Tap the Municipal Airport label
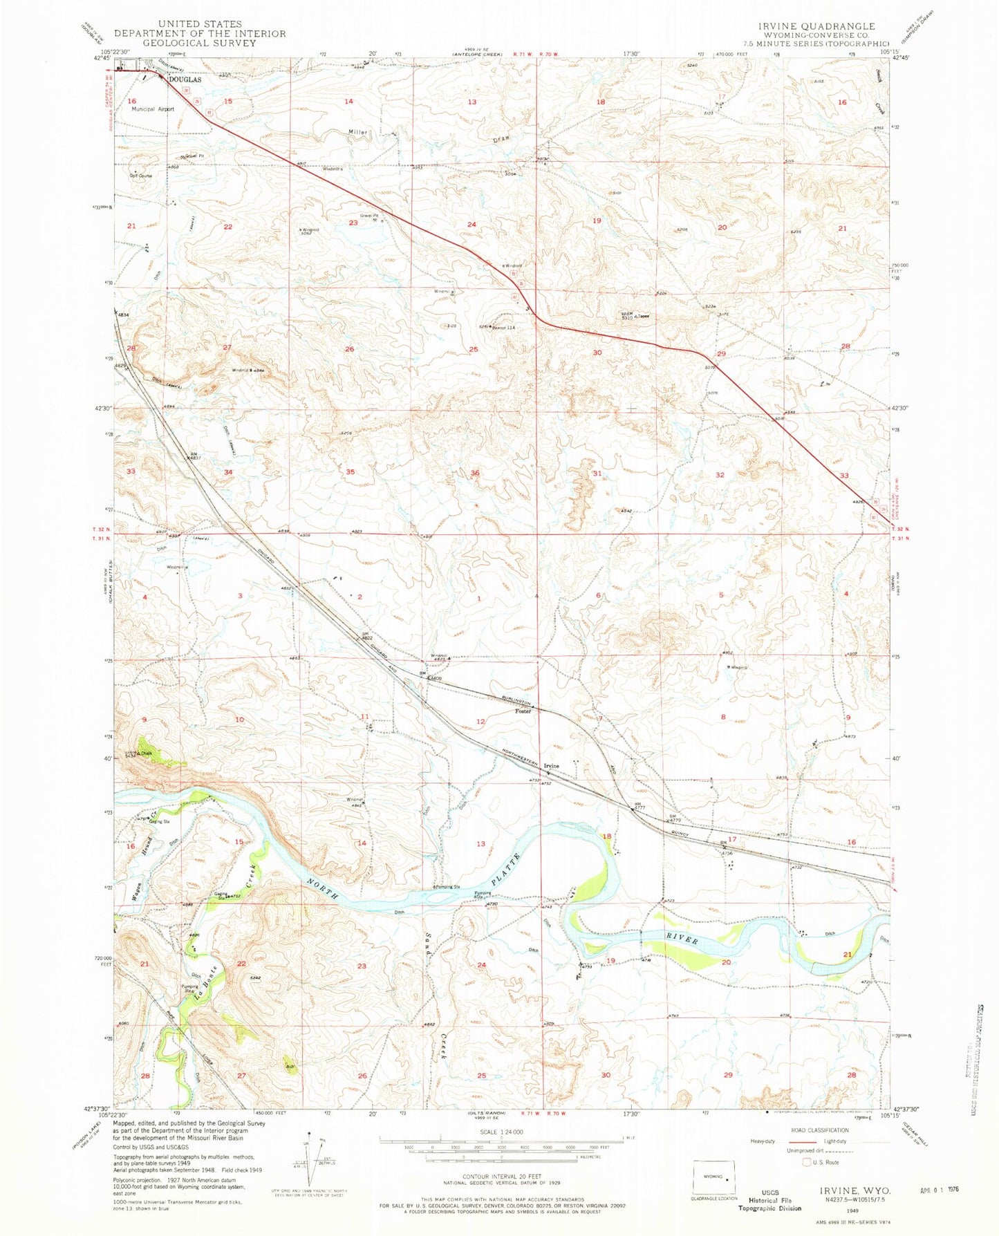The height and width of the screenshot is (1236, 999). pos(153,109)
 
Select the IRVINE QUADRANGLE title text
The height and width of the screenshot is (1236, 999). pos(816,26)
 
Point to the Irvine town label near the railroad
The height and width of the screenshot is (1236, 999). pos(551,766)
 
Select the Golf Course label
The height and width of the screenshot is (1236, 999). pos(141,176)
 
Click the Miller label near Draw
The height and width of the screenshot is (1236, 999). pos(358,132)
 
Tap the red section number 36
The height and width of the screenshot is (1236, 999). pos(475,473)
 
